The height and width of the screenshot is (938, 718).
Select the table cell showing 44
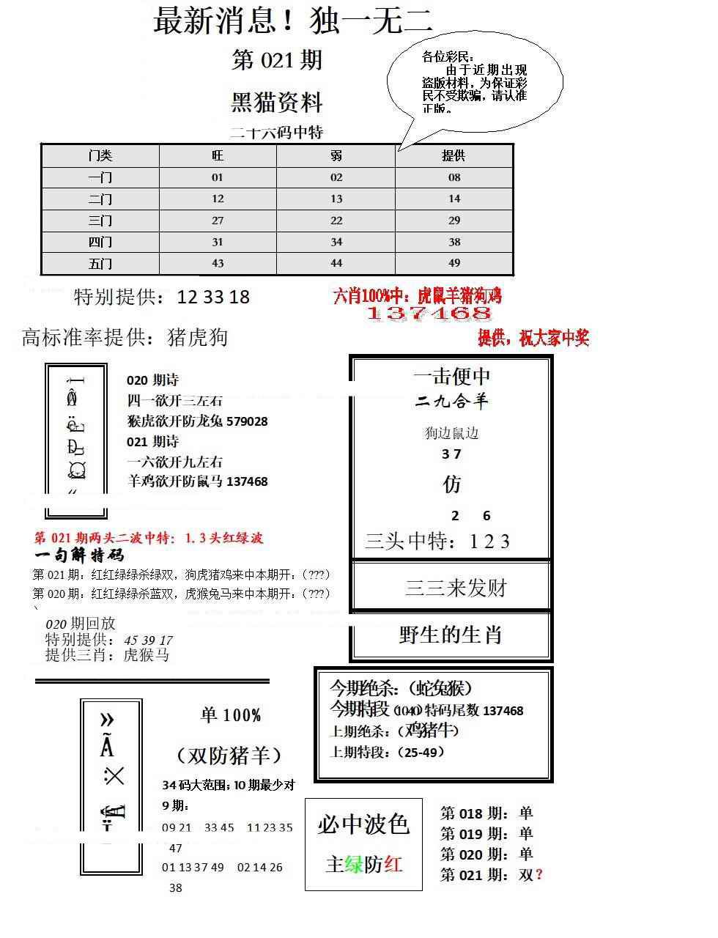[336, 263]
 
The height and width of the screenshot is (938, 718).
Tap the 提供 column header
[454, 155]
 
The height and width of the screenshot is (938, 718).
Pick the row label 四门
[100, 242]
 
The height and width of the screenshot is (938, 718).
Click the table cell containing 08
[454, 177]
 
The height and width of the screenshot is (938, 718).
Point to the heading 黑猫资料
[277, 102]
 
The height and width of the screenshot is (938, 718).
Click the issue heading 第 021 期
[277, 60]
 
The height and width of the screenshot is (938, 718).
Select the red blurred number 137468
[429, 314]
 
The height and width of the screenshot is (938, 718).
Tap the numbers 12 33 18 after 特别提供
[213, 297]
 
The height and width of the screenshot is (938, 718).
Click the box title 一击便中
[452, 377]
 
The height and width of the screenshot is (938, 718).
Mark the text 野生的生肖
[451, 635]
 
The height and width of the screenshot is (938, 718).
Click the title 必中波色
[363, 824]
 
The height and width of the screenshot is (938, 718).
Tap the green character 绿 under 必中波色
[354, 865]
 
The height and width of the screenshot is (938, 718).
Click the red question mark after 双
[539, 874]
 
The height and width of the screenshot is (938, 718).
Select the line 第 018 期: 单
[486, 813]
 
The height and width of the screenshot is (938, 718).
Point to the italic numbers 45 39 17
[148, 640]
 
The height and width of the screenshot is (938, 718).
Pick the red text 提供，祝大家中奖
[533, 339]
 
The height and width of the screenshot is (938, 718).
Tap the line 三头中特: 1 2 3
[437, 542]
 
